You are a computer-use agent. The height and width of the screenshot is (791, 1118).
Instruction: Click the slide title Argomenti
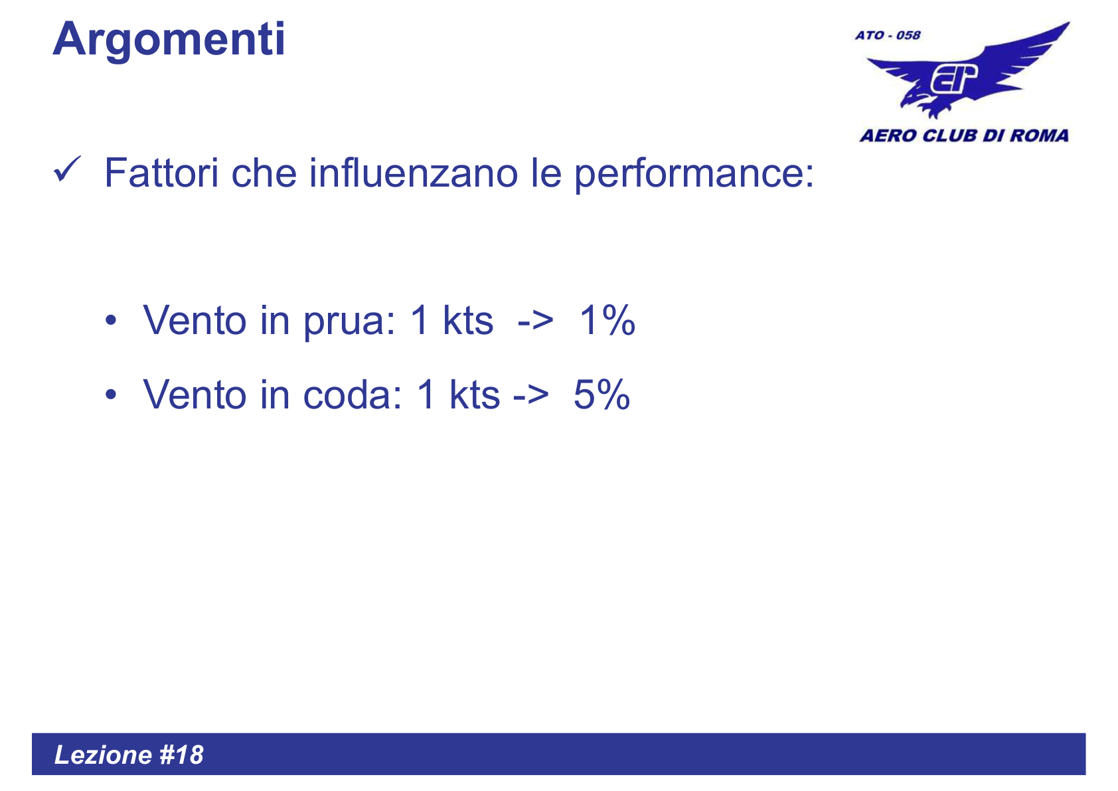tap(169, 40)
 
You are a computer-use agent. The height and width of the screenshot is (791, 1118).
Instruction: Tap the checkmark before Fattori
tap(67, 169)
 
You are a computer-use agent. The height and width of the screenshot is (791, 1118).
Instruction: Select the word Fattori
tap(161, 173)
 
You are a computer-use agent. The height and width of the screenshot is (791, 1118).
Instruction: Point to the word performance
tap(693, 175)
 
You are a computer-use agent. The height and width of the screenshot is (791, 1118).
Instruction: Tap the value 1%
tap(607, 321)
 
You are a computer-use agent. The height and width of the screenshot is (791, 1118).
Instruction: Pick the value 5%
tap(601, 395)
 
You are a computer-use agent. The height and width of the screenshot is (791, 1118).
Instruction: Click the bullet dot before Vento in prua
tap(111, 321)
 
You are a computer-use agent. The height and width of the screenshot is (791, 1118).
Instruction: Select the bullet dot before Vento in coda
tap(111, 396)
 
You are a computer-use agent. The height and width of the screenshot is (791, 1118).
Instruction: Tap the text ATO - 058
tap(887, 35)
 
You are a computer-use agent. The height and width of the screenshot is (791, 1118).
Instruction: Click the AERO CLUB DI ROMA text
tap(964, 136)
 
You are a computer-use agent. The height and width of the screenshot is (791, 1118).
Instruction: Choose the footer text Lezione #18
tap(129, 755)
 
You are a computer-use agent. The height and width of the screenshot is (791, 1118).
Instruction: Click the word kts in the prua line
tap(468, 321)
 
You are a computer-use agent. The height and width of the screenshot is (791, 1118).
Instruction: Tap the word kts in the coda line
tap(474, 395)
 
